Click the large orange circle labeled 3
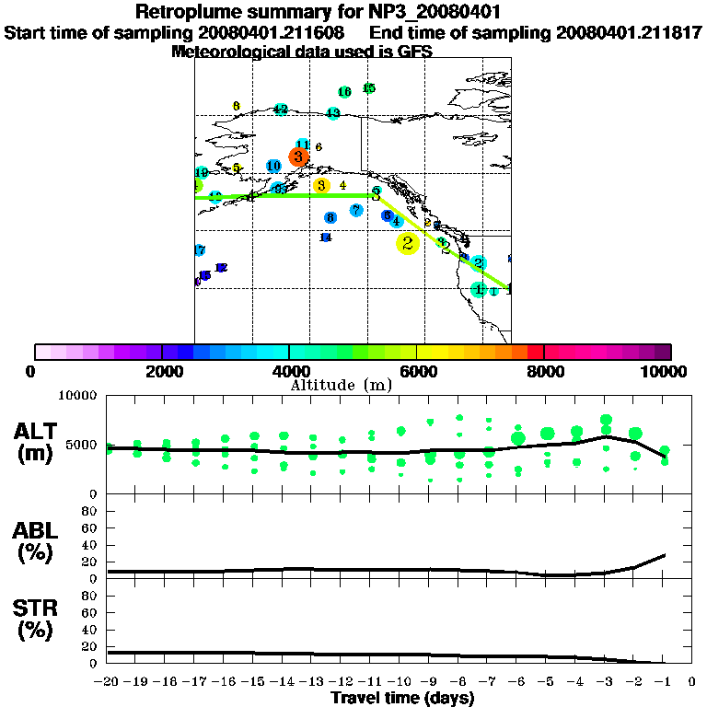298,156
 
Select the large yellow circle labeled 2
407,243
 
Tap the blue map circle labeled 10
273,166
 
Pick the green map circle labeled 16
344,92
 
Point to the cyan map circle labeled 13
333,113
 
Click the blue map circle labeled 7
356,211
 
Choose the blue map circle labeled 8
330,217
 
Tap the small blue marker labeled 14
325,238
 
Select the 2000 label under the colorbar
161,371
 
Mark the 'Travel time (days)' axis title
402,699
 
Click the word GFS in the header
414,52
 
